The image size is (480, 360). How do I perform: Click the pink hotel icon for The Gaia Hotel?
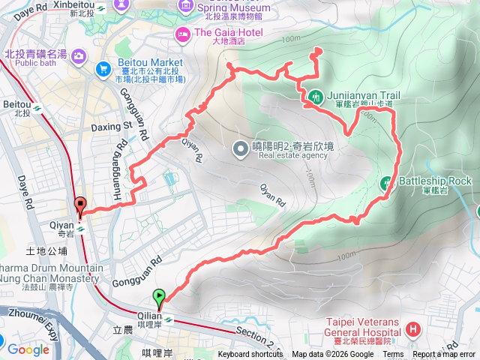pyautogui.click(x=182, y=34)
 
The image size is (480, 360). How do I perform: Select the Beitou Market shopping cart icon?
pyautogui.click(x=103, y=69)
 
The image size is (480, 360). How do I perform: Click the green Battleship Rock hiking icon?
pyautogui.click(x=387, y=181)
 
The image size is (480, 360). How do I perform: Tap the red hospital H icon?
pyautogui.click(x=412, y=328)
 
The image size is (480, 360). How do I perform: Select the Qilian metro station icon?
pyautogui.click(x=169, y=319)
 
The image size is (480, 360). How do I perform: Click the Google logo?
pyautogui.click(x=28, y=349)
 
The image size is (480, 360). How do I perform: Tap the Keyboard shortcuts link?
pyautogui.click(x=250, y=355)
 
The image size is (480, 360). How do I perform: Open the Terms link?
pyautogui.click(x=393, y=355)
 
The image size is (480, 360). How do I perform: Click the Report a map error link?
pyautogui.click(x=445, y=355)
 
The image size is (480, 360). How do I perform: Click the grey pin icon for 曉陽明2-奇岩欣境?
pyautogui.click(x=241, y=148)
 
